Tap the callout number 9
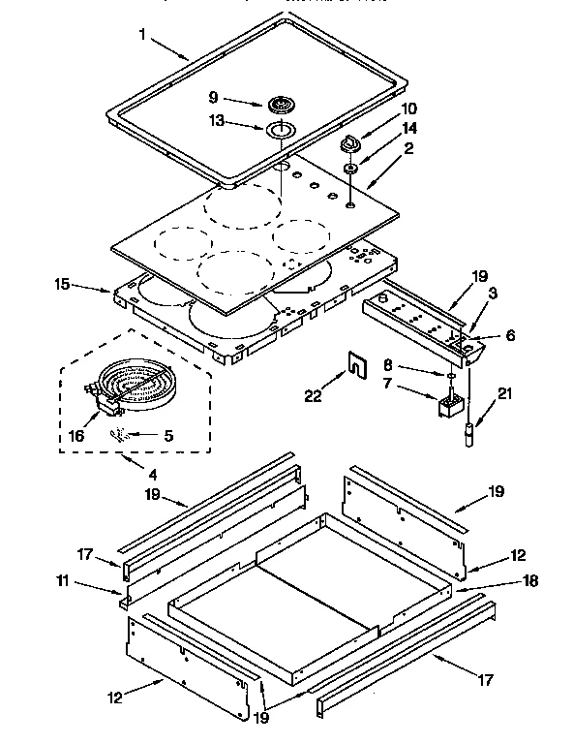tap(214, 97)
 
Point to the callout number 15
tap(62, 285)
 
